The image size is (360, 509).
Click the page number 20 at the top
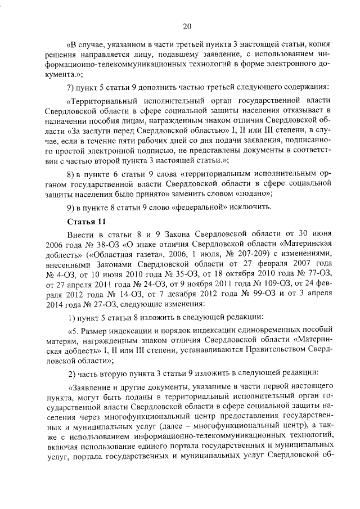click(x=187, y=26)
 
